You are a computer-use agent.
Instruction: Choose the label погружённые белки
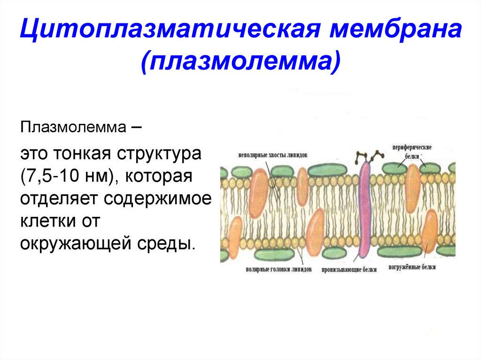412,268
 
